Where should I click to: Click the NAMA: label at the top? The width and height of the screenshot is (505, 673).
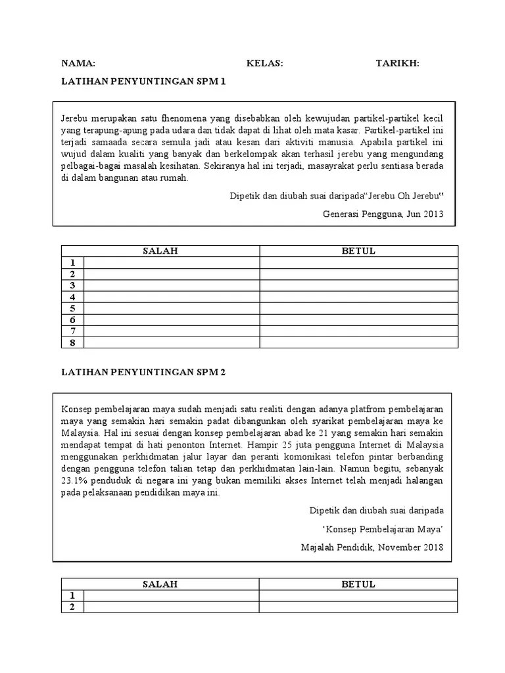point(78,63)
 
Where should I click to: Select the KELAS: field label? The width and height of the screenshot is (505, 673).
point(264,63)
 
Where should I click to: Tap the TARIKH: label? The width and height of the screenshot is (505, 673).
point(397,63)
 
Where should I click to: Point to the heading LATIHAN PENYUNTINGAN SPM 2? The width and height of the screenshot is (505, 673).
point(143,372)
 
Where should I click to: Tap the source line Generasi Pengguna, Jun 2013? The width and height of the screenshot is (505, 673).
point(383,213)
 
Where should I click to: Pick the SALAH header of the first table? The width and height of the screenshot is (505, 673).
point(161,251)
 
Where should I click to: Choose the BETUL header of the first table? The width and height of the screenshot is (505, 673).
point(358,251)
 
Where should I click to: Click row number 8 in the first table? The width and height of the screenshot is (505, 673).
point(72,342)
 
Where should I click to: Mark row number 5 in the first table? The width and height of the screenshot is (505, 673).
point(72,308)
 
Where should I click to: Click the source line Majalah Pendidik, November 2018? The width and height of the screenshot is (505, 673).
point(372,547)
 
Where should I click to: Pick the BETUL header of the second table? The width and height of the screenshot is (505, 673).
point(358,584)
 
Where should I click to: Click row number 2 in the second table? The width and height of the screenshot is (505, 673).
point(72,607)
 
